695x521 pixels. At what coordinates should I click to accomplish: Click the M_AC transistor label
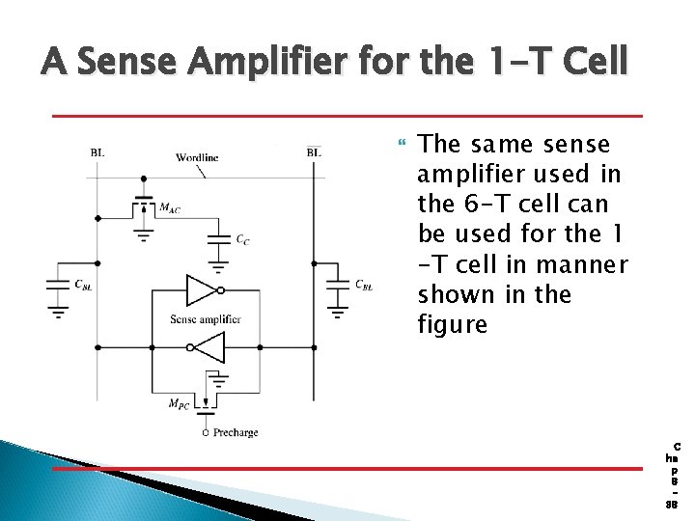coord(169,208)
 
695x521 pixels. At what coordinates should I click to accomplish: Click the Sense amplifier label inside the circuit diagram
coord(205,319)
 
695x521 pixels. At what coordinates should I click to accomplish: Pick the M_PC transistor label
coord(178,404)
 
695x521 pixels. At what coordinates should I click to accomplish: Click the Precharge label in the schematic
coord(236,432)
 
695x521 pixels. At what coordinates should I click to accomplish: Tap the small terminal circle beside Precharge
coord(205,432)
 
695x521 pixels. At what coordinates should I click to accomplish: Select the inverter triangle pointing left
coord(208,346)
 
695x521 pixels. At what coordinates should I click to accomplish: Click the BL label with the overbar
coord(314,152)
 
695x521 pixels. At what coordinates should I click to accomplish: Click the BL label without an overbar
coord(98,152)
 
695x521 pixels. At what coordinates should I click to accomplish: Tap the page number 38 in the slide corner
coord(672,504)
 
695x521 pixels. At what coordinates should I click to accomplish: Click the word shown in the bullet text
coord(452,293)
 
